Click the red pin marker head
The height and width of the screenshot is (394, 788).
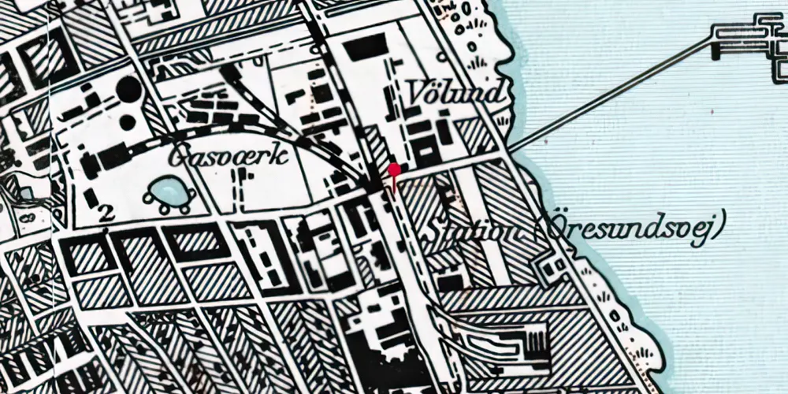click(394, 169)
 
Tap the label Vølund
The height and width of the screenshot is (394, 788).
click(455, 94)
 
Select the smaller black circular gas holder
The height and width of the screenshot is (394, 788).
click(127, 122)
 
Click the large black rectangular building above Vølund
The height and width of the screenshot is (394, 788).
click(365, 47)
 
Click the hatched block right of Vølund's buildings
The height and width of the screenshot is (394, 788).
click(477, 134)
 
